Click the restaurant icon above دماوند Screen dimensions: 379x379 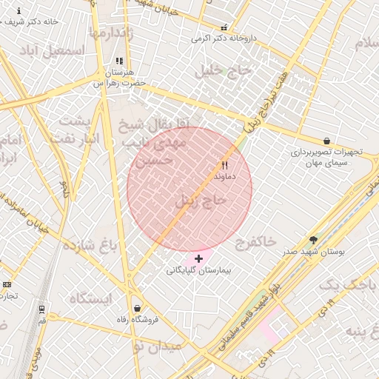pyautogui.click(x=224, y=166)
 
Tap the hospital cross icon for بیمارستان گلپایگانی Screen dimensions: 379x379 pyautogui.click(x=198, y=258)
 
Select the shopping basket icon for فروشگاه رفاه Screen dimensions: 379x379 pyautogui.click(x=137, y=307)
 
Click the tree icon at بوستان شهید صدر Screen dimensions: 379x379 pyautogui.click(x=313, y=240)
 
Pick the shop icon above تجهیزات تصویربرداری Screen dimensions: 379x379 pyautogui.click(x=326, y=141)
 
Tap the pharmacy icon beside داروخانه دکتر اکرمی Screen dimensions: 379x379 pyautogui.click(x=224, y=27)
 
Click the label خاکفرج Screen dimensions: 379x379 pyautogui.click(x=255, y=241)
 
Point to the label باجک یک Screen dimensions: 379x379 pyautogui.click(x=347, y=284)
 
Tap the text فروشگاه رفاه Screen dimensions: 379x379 pyautogui.click(x=137, y=320)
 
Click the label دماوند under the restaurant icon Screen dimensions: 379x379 pyautogui.click(x=224, y=178)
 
